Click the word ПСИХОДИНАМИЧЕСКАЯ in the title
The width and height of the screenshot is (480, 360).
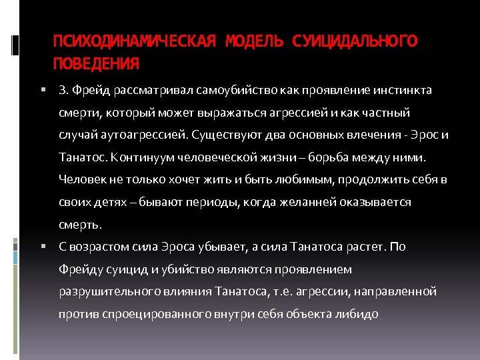134,41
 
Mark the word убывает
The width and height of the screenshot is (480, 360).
225,247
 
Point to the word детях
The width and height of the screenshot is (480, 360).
107,201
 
